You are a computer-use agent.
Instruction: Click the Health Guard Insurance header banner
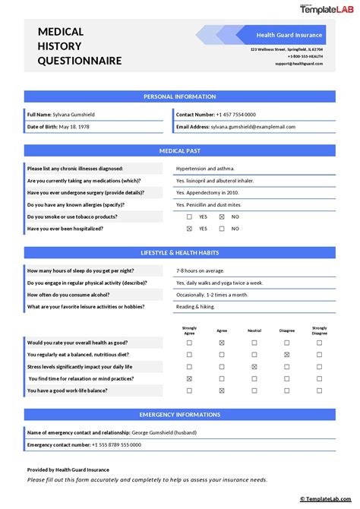point(289,35)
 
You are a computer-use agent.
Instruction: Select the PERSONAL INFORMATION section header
point(179,96)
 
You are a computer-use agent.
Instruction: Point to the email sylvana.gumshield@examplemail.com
point(250,126)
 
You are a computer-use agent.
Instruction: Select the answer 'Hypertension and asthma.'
point(205,168)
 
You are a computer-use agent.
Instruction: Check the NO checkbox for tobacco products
point(222,217)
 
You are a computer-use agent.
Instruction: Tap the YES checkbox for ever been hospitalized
point(189,229)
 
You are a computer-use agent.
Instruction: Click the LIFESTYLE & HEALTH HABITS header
point(179,251)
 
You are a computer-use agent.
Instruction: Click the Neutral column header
point(254,330)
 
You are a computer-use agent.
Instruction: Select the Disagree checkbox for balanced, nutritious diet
point(286,355)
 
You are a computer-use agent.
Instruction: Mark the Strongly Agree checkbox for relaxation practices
point(189,378)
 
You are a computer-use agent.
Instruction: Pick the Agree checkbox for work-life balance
point(222,390)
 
